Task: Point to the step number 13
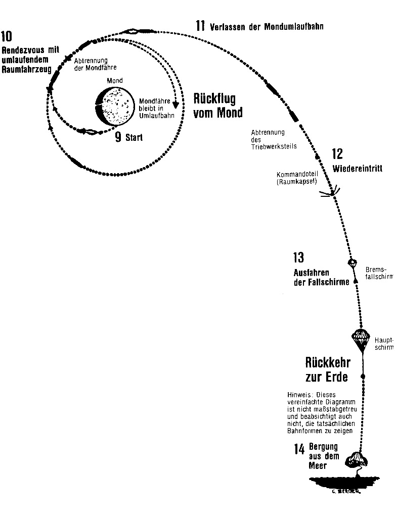[298, 258]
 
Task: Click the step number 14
[299, 449]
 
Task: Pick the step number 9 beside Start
[118, 137]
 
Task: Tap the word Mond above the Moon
[114, 81]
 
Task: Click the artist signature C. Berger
[346, 490]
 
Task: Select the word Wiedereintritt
[357, 169]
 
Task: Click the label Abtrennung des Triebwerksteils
[273, 139]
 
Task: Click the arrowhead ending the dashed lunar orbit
[175, 105]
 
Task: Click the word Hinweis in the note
[297, 394]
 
